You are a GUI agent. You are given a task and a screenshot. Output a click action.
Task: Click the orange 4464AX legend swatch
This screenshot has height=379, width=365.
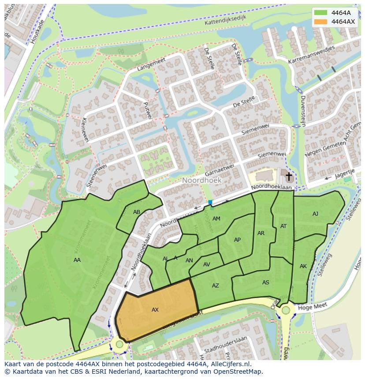click(x=321, y=21)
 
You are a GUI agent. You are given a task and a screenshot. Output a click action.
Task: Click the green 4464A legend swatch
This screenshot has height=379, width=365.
click(x=321, y=13)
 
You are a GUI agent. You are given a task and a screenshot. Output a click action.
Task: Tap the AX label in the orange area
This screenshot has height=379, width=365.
click(x=155, y=310)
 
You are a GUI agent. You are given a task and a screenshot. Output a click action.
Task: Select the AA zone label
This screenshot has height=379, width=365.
click(x=77, y=260)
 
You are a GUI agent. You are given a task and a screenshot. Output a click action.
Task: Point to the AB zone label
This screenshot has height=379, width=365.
click(x=137, y=212)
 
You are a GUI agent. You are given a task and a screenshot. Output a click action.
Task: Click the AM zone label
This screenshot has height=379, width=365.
click(x=216, y=219)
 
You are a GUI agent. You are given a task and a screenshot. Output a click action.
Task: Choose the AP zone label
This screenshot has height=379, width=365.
click(x=237, y=240)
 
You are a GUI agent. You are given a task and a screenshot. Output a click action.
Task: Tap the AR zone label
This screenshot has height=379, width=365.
click(x=261, y=233)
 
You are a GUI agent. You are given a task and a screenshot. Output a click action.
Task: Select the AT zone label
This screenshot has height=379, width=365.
click(x=283, y=226)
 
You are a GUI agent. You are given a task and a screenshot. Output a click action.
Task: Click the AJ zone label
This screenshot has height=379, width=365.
click(x=315, y=214)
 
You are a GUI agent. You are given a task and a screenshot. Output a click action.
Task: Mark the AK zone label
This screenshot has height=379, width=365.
click(x=303, y=266)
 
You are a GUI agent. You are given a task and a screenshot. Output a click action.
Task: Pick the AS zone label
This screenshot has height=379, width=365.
click(x=265, y=283)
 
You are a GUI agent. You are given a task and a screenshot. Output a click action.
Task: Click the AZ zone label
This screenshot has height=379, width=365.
click(x=215, y=286)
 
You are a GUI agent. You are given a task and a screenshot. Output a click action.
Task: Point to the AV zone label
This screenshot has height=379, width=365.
click(x=206, y=265)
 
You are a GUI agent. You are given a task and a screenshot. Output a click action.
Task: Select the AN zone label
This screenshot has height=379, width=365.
click(x=189, y=261)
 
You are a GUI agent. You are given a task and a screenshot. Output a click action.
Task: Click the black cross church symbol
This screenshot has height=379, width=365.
click(x=289, y=177)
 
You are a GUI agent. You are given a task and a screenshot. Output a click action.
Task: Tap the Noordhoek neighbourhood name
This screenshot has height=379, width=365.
click(x=202, y=180)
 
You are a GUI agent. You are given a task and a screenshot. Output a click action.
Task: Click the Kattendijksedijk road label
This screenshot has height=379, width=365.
click(x=225, y=19)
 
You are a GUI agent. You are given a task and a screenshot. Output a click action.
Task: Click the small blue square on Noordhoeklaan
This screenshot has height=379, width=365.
click(x=210, y=202)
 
